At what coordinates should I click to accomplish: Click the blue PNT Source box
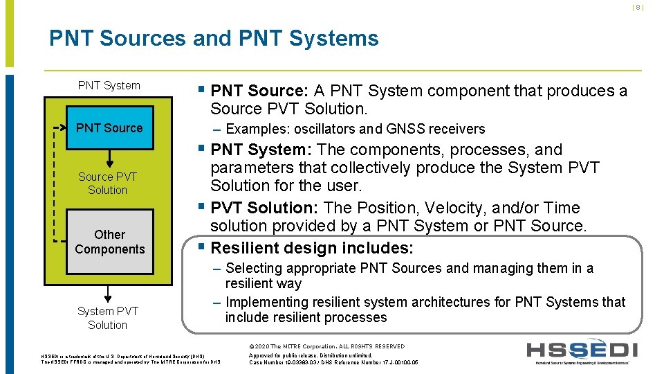(109, 128)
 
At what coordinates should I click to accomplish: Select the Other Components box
(109, 242)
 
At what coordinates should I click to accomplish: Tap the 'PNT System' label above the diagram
(109, 85)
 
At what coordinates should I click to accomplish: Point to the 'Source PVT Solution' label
(108, 184)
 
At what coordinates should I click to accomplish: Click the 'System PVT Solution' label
(108, 318)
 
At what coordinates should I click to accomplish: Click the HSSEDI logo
(582, 353)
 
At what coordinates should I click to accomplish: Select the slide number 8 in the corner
(638, 8)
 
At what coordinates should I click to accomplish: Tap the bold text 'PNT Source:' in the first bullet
(259, 91)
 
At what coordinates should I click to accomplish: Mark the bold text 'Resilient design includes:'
(312, 248)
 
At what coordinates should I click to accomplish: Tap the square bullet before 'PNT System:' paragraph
(201, 149)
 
